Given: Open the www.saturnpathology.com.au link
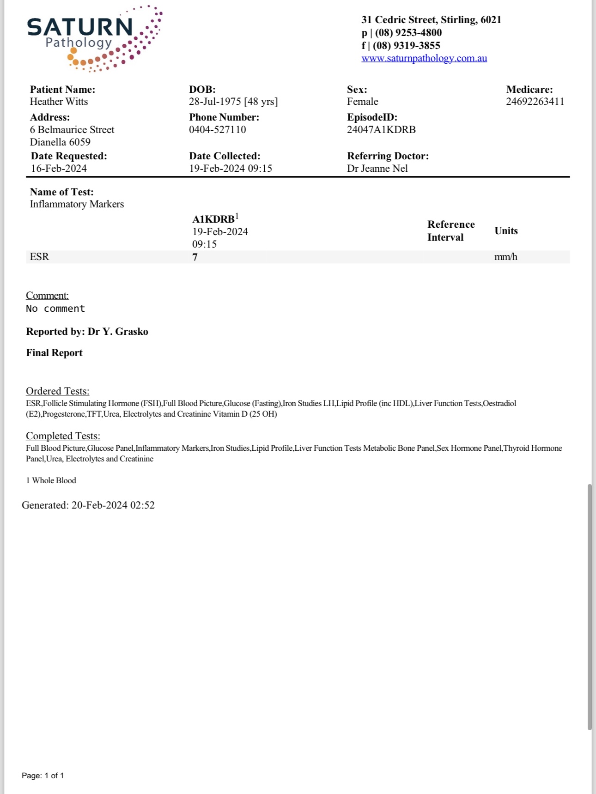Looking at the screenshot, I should (424, 58).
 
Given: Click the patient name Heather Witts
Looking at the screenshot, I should (59, 102).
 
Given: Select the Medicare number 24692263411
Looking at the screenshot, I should (535, 102).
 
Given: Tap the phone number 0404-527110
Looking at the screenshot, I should (217, 130).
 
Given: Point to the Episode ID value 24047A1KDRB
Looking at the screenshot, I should (381, 130).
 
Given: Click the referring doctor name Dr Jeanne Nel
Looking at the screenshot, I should (377, 169).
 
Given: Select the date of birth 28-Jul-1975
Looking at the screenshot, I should (215, 102).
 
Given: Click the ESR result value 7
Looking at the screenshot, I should (195, 257).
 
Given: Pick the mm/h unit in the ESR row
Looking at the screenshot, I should (505, 257).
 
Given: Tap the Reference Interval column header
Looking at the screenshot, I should (450, 231).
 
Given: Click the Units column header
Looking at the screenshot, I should (506, 231).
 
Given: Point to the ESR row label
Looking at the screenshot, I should (39, 257).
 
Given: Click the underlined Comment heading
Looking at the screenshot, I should (47, 296).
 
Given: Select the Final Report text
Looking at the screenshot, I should (54, 353).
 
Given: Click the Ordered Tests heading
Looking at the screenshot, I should (57, 391).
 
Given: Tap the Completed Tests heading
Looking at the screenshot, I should (63, 436).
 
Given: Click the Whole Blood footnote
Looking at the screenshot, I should (51, 480).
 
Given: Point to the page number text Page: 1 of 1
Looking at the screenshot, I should (43, 776).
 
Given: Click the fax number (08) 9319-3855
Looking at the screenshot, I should (406, 46).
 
